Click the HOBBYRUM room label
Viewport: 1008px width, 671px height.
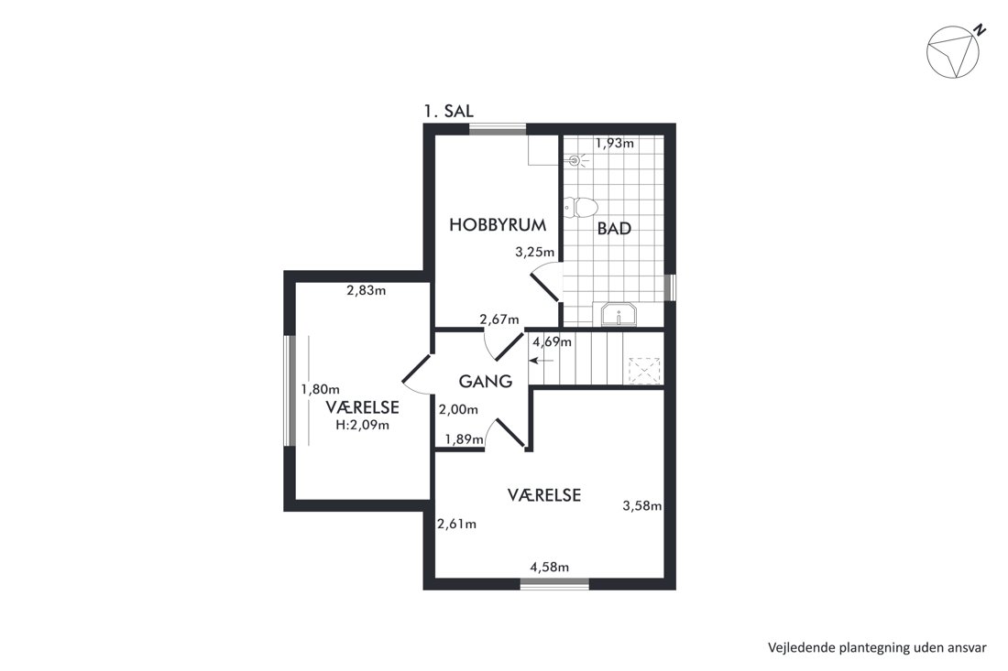[498, 225]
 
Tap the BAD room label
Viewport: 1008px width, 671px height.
[614, 229]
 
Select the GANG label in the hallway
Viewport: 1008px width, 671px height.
[486, 382]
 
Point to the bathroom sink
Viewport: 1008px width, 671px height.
[619, 315]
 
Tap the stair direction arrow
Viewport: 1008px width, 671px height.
[541, 361]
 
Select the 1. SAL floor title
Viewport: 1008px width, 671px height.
[449, 111]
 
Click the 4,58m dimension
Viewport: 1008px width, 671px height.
[549, 567]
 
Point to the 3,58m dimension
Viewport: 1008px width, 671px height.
[642, 506]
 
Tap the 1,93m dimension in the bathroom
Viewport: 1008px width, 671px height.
[615, 143]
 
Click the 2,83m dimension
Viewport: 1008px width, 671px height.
[367, 290]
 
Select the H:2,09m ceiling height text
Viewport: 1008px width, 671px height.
[363, 425]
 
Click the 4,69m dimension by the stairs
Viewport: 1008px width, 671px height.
[553, 342]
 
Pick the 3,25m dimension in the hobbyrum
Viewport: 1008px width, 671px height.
[535, 253]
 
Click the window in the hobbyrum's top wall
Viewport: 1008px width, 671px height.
[498, 129]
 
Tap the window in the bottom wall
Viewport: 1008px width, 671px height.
[554, 583]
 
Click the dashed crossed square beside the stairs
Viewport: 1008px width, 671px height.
[644, 371]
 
